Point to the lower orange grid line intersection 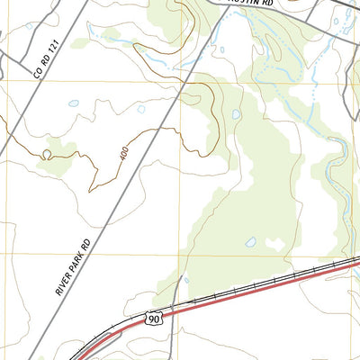point(180,255)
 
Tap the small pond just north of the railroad point(251,242)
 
